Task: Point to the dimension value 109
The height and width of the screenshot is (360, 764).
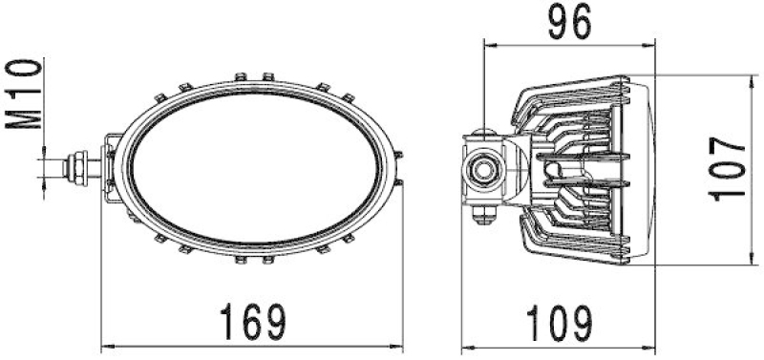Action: tap(558, 322)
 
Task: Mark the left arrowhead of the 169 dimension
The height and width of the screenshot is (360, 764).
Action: tap(106, 346)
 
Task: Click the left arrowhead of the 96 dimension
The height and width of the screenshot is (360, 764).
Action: tap(488, 43)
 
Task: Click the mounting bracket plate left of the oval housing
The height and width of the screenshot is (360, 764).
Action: tap(111, 170)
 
